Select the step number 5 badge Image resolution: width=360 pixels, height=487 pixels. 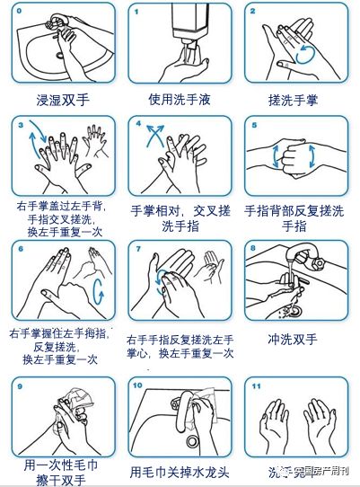(255, 127)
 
